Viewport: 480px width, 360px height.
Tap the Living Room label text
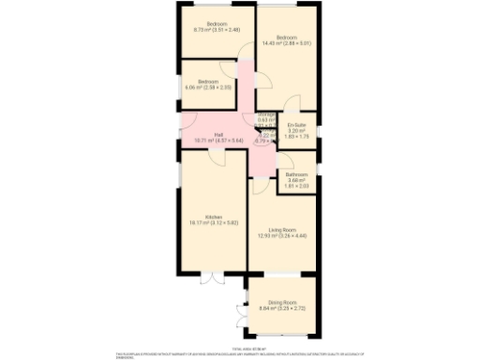282,230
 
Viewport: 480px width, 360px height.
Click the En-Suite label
298,125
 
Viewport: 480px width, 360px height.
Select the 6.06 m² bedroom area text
207,87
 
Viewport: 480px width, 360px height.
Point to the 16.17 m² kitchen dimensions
213,222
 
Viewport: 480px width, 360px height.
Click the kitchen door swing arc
214,157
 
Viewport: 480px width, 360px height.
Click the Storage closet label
266,114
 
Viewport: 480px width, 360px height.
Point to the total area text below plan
240,346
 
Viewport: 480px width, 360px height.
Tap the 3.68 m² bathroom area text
297,181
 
